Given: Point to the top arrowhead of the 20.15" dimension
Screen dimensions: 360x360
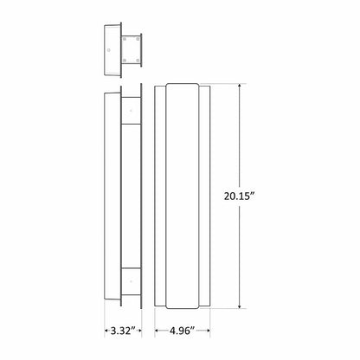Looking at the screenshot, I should coord(240,87).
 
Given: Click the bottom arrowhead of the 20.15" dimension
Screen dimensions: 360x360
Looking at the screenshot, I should coord(240,306).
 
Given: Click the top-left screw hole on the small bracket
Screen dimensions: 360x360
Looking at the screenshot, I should coord(126,37).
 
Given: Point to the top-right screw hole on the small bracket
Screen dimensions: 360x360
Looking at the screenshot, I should coord(138,37).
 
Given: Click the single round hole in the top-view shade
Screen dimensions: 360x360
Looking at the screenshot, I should coord(108,49).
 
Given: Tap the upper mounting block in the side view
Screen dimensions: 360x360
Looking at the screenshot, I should coord(131,107).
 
